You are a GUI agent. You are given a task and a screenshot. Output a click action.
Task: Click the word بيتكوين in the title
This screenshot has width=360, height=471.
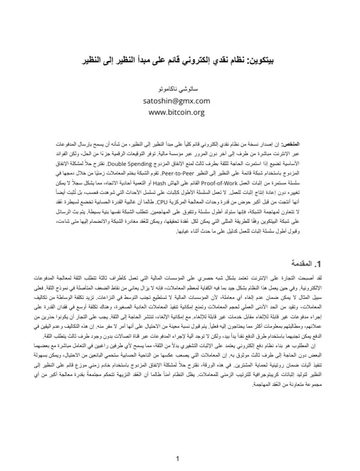click(x=265, y=62)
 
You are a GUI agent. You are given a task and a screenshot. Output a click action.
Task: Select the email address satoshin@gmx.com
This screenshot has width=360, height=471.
click(x=176, y=101)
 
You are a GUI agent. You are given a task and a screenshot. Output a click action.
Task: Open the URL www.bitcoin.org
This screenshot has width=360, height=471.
click(x=176, y=113)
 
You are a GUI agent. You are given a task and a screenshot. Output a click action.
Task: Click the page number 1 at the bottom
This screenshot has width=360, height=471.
click(x=177, y=458)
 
